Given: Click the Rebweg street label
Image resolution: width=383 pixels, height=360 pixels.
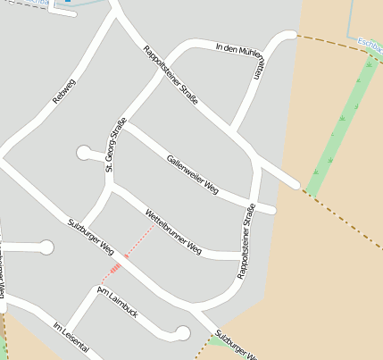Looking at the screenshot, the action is point(65,93).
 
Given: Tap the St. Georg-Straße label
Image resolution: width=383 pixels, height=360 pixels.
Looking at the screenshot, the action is point(115,144).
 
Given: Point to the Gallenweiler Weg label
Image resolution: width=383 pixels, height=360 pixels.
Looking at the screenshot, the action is point(192,173).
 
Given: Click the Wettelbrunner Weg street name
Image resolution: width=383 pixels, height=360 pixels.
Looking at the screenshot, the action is point(172,231).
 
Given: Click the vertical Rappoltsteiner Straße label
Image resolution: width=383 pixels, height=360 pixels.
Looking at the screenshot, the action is point(246,242).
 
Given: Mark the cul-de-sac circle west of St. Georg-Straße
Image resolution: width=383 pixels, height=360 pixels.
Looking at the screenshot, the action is point(85,153).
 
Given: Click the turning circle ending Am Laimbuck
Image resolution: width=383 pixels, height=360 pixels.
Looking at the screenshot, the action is point(183,334).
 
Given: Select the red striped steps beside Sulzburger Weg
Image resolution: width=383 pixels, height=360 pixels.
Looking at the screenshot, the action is point(115,268).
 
